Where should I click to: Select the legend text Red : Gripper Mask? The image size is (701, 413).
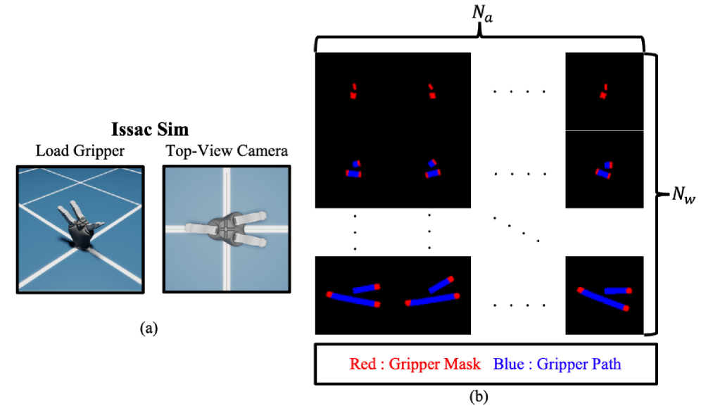pos(415,364)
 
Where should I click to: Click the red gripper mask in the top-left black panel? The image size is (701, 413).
pos(353,91)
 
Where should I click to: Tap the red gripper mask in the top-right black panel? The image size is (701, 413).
pos(604,91)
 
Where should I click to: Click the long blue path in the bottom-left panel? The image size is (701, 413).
pos(353,299)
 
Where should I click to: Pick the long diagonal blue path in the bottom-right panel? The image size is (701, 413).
pos(603,299)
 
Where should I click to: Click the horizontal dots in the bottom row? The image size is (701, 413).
pos(519,305)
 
